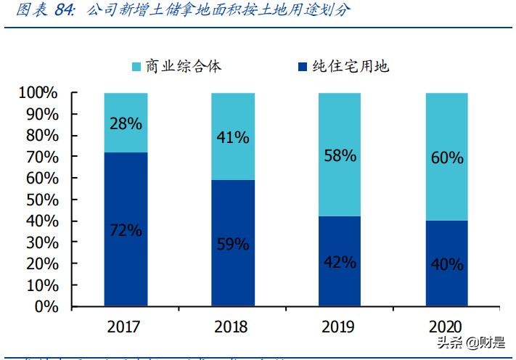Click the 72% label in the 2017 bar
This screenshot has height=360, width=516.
pos(126,231)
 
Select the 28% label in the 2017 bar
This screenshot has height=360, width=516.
pos(126,123)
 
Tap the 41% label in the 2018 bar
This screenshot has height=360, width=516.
pos(233,137)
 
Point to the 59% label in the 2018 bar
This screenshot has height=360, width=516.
pos(233,244)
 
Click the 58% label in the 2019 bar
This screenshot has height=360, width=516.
pos(340,155)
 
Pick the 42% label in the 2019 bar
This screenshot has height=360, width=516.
pos(340,262)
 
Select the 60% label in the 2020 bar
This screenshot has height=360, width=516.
pos(446,157)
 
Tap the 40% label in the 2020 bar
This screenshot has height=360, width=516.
pos(446,264)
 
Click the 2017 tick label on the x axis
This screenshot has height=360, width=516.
pos(126,327)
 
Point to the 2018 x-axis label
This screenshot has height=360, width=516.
pos(233,327)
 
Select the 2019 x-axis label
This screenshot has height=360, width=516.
pos(340,327)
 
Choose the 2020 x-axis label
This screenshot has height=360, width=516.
pos(446,327)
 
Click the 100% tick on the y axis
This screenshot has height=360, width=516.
pos(38,93)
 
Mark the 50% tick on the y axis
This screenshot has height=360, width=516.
pos(41,200)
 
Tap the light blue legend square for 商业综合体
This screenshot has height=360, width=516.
pos(136,67)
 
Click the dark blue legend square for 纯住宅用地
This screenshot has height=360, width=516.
pos(302,67)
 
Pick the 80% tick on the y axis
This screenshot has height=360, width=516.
pos(41,136)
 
